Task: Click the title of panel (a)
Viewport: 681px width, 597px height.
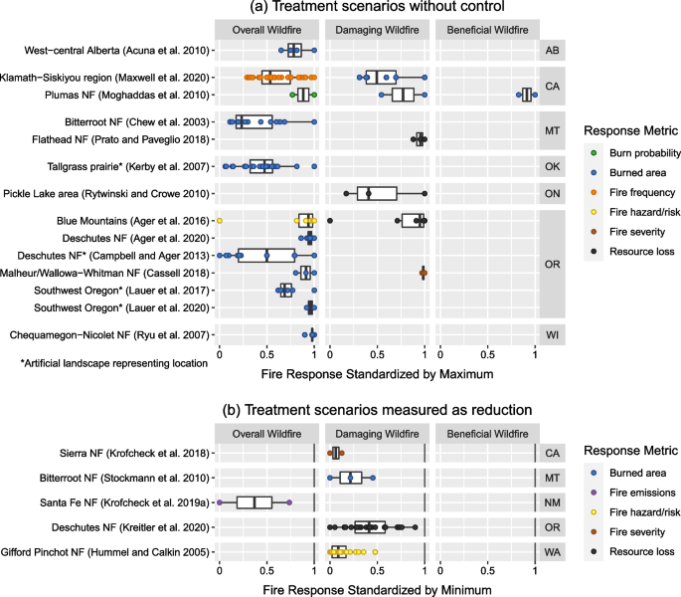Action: [x=377, y=9]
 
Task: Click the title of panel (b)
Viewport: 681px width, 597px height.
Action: [x=377, y=409]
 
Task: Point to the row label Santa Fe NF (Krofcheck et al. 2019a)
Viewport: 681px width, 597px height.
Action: [x=122, y=502]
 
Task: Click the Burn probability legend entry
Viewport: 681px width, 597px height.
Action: [x=639, y=153]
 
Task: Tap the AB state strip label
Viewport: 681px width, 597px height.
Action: [x=552, y=49]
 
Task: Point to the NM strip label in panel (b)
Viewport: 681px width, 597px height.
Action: [x=552, y=502]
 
